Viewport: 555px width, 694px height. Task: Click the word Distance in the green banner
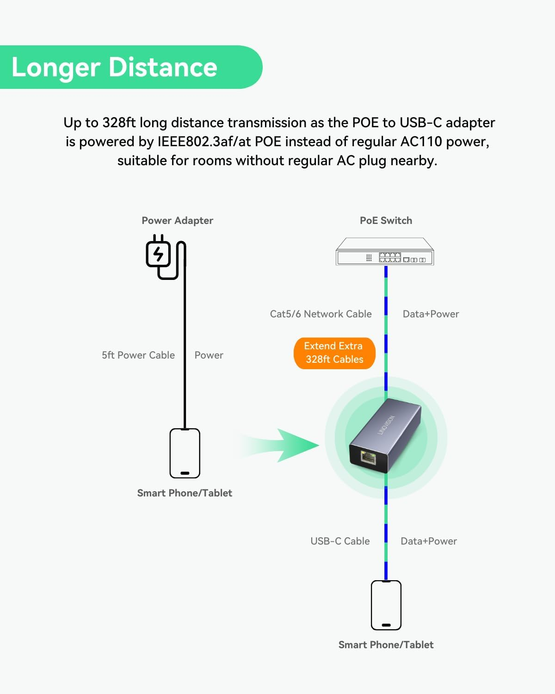pyautogui.click(x=163, y=68)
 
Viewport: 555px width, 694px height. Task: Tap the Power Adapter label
pyautogui.click(x=177, y=221)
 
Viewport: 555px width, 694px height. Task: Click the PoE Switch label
pyautogui.click(x=386, y=221)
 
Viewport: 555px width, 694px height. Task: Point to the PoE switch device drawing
pyautogui.click(x=385, y=252)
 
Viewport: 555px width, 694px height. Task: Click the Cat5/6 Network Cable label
pyautogui.click(x=321, y=314)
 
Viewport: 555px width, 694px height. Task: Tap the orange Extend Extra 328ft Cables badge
pyautogui.click(x=334, y=353)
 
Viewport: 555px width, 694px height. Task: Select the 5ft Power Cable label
pyautogui.click(x=138, y=355)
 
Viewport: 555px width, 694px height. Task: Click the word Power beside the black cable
pyautogui.click(x=209, y=355)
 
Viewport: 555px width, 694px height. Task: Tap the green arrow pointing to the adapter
pyautogui.click(x=287, y=446)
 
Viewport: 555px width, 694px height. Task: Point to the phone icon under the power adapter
pyautogui.click(x=185, y=453)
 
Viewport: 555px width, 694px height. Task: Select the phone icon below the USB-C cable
pyautogui.click(x=386, y=605)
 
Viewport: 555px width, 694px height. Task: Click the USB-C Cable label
pyautogui.click(x=340, y=541)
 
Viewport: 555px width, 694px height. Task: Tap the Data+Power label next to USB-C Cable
pyautogui.click(x=428, y=541)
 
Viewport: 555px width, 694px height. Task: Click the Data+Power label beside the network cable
pyautogui.click(x=431, y=314)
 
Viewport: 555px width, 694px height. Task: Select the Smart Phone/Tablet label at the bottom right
pyautogui.click(x=386, y=645)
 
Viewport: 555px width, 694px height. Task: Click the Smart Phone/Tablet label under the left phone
pyautogui.click(x=185, y=493)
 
